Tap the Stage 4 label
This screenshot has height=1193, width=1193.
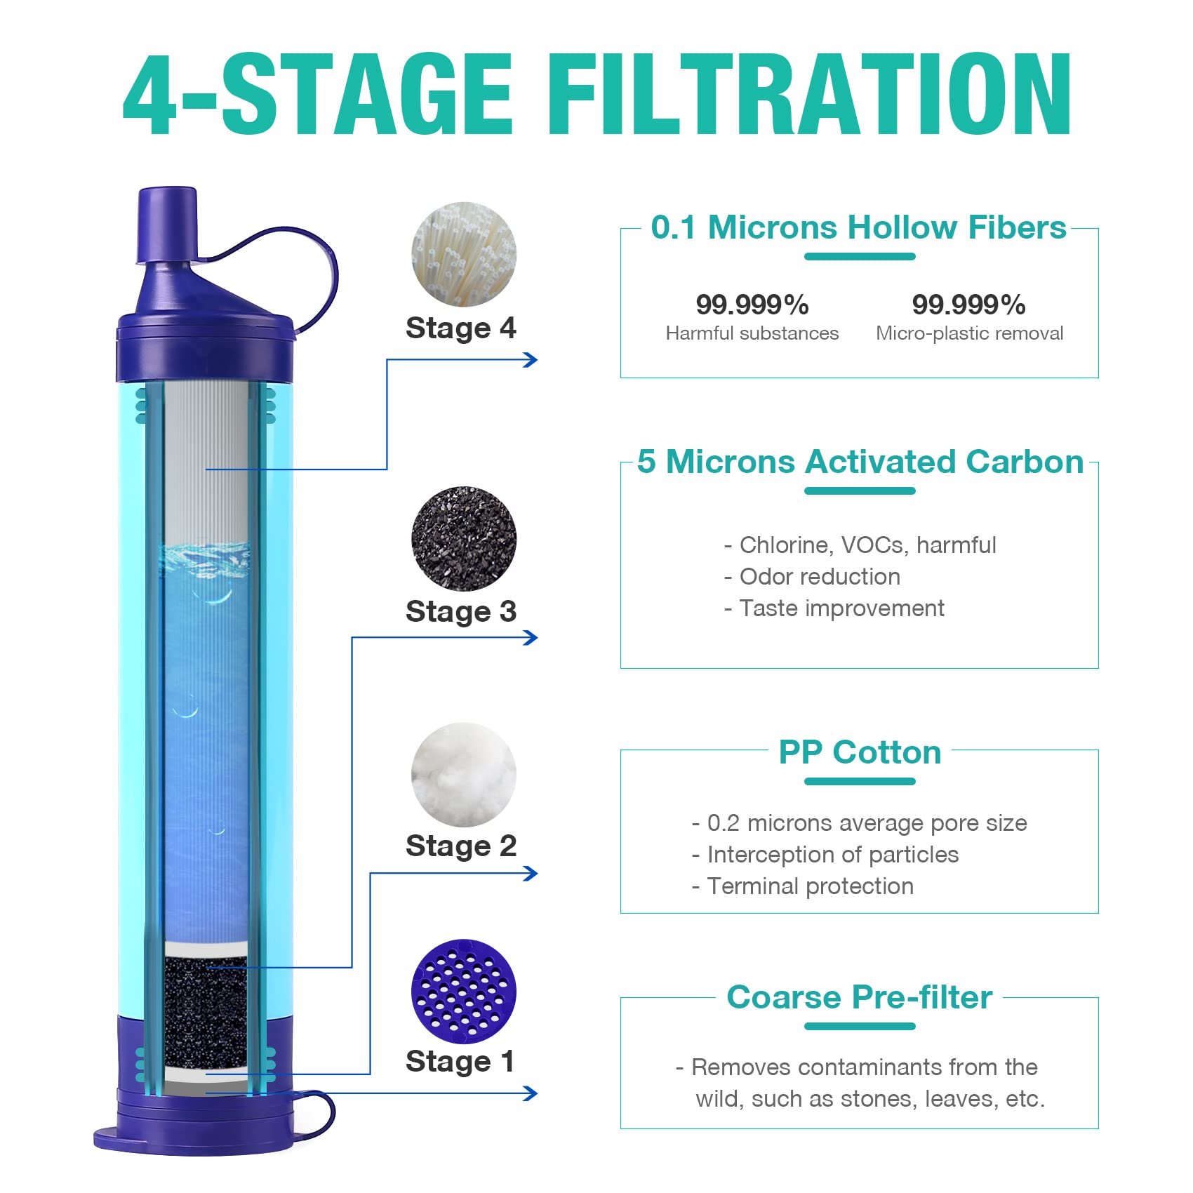point(460,328)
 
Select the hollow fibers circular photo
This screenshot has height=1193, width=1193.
point(463,255)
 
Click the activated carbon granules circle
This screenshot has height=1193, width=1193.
point(463,539)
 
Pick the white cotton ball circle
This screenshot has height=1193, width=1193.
point(463,774)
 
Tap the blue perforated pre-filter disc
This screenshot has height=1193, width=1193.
point(463,992)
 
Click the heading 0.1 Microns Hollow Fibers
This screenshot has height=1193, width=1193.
point(858,227)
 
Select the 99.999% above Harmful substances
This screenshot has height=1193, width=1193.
point(752,305)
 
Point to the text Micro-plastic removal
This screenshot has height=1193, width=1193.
point(969,333)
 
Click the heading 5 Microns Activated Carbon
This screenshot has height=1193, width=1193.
point(860,462)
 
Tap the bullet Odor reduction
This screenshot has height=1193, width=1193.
point(819,577)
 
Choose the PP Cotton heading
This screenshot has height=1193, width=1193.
point(859,752)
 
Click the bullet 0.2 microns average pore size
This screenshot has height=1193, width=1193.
point(866,822)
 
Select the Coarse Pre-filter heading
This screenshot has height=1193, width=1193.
point(859,997)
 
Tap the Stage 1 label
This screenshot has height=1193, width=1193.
point(460,1061)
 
